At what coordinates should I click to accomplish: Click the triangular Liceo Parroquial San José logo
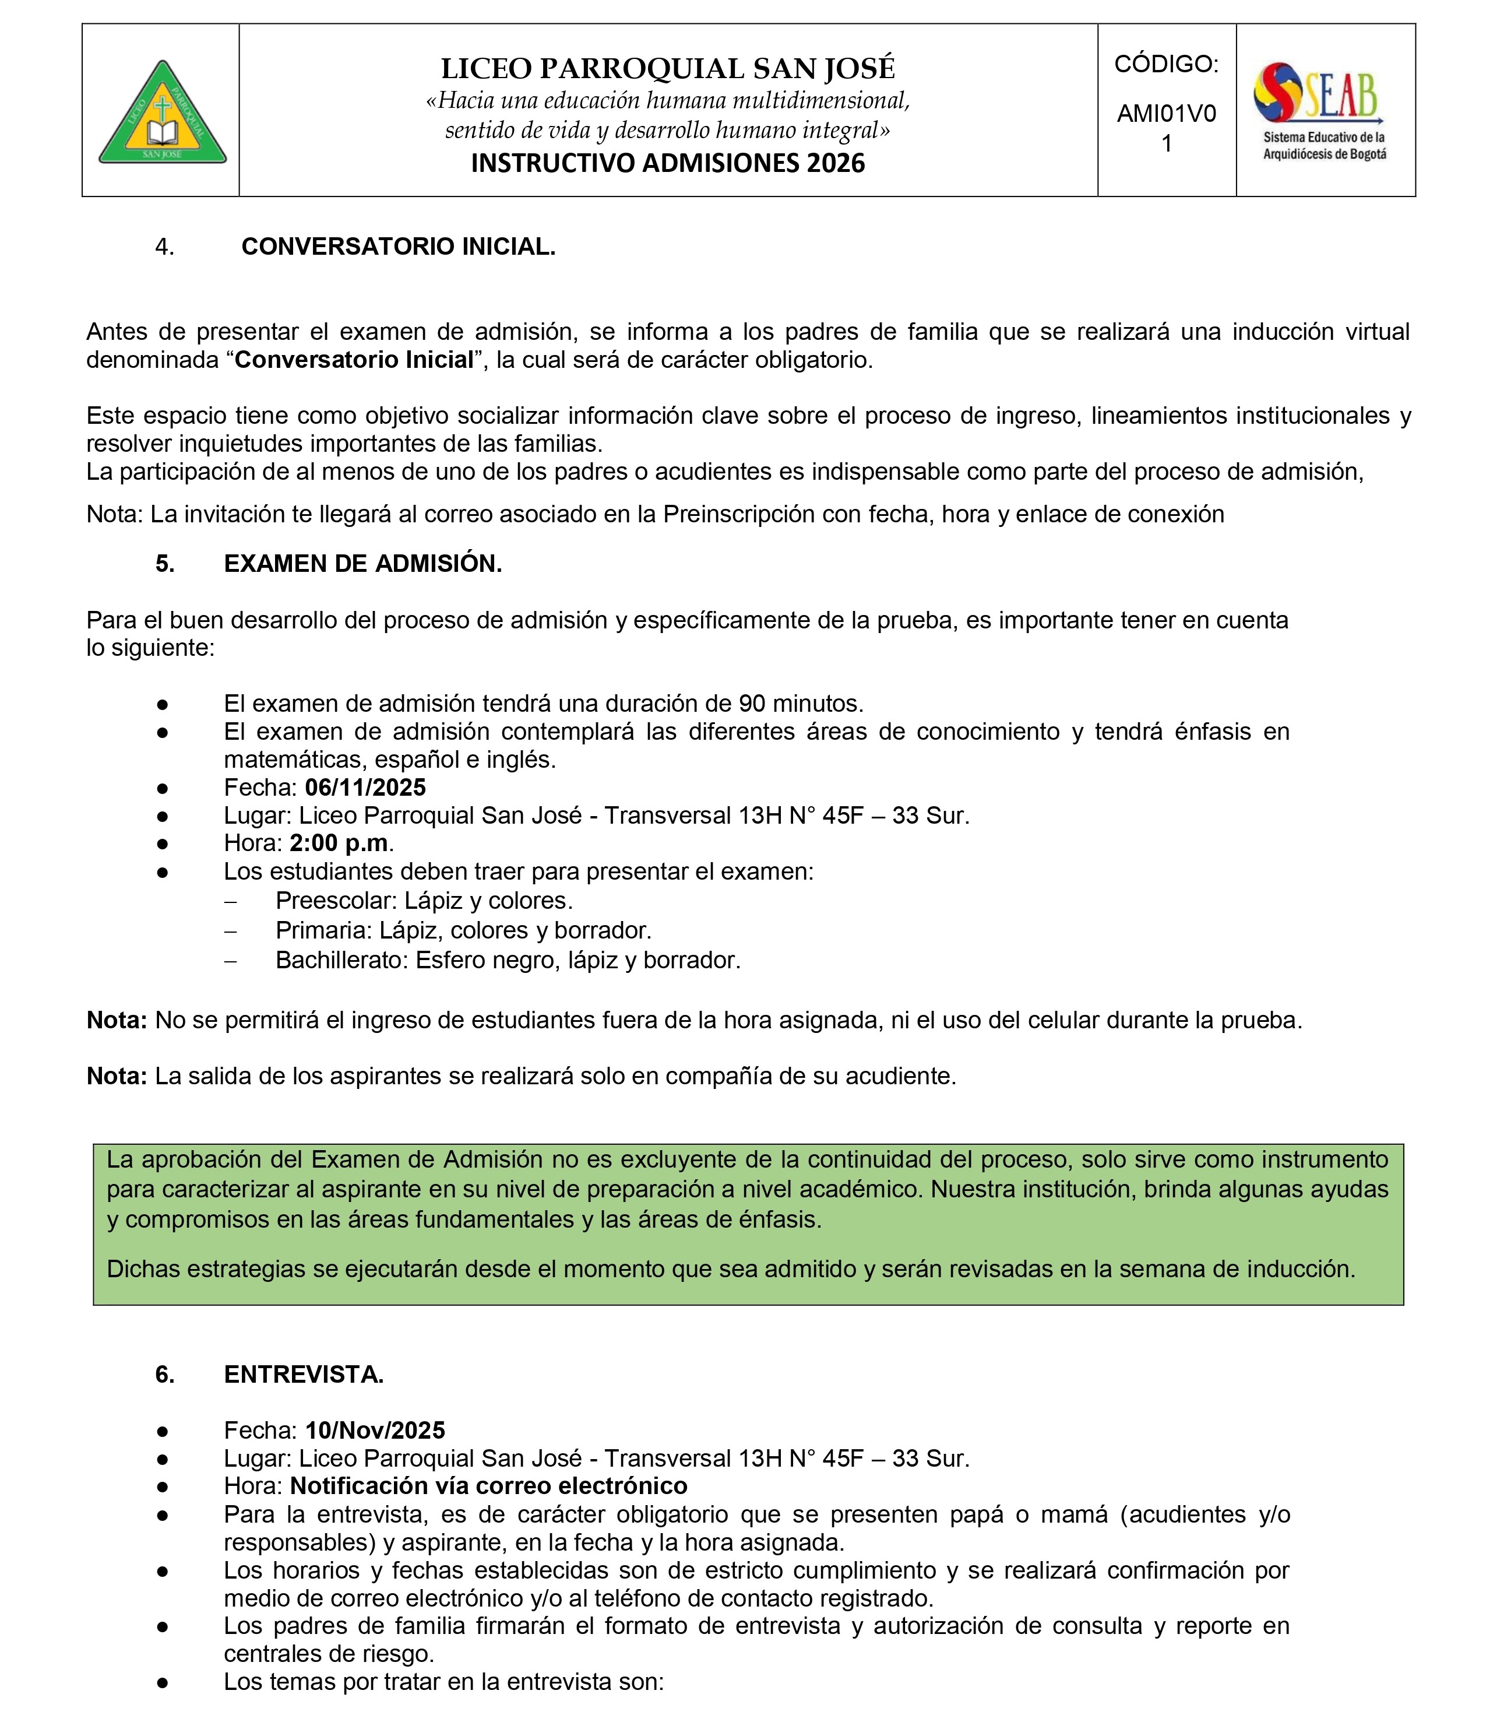click(x=163, y=113)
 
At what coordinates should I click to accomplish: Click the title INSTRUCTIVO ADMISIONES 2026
click(x=667, y=163)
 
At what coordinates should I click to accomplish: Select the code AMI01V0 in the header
click(x=1167, y=114)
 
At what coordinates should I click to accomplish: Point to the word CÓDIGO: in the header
click(x=1167, y=64)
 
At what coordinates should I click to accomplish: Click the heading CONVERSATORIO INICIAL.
click(x=398, y=247)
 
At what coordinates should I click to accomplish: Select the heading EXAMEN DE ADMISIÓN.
click(x=363, y=564)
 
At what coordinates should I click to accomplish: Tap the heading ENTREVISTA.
click(x=304, y=1375)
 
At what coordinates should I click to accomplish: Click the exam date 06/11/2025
click(x=365, y=787)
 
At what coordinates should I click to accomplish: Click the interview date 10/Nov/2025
click(x=375, y=1431)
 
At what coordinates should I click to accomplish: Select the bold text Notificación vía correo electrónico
click(x=488, y=1485)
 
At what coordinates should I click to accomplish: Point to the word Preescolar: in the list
click(x=336, y=901)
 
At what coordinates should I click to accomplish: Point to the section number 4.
click(x=164, y=247)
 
